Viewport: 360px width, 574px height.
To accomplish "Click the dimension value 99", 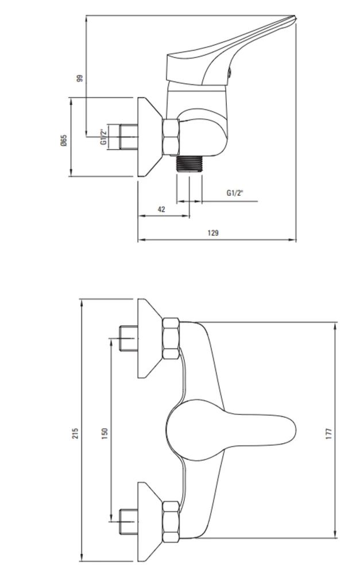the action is coord(80,78).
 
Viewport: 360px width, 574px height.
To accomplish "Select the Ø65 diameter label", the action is coord(64,140).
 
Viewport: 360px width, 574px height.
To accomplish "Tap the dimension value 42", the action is coord(161,209).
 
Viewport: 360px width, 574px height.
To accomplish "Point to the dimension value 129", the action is coord(213,232).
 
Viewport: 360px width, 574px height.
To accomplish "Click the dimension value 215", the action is coord(75,433).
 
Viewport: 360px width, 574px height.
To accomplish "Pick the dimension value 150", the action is coord(105,433).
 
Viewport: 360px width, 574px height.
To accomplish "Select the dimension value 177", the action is coord(328,433).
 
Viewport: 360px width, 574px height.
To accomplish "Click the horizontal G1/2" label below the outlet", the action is coord(235,193).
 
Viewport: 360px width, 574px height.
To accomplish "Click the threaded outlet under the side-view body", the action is coord(189,163).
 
